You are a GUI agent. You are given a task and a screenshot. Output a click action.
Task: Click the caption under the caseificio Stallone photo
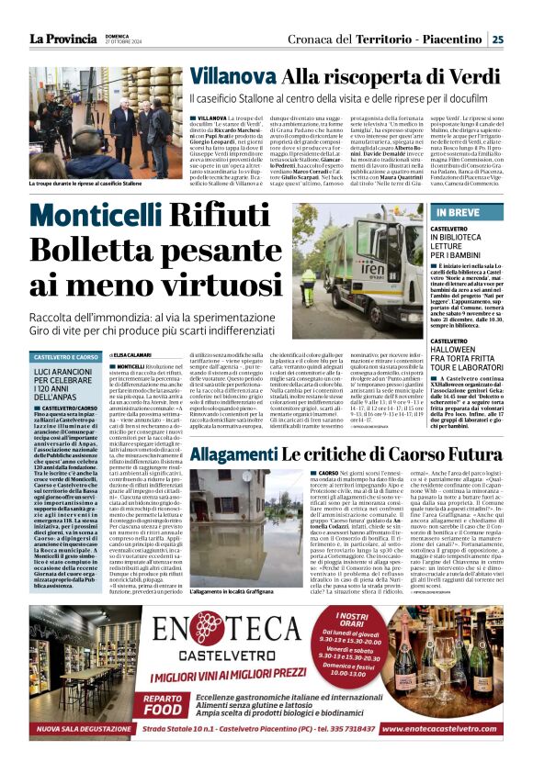point(82,183)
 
